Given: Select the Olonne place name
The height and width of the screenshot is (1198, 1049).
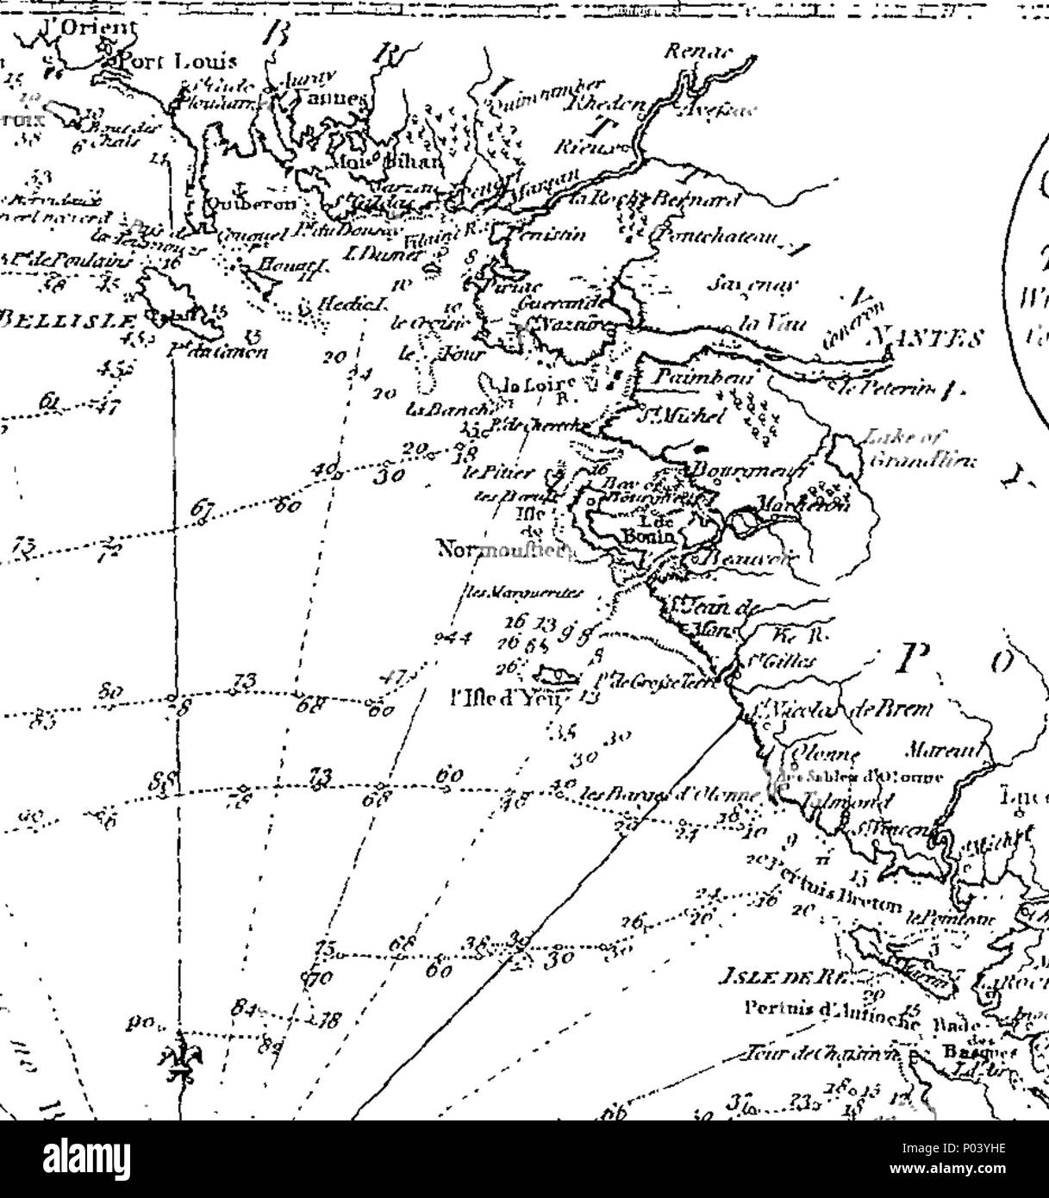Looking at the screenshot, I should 815,749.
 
